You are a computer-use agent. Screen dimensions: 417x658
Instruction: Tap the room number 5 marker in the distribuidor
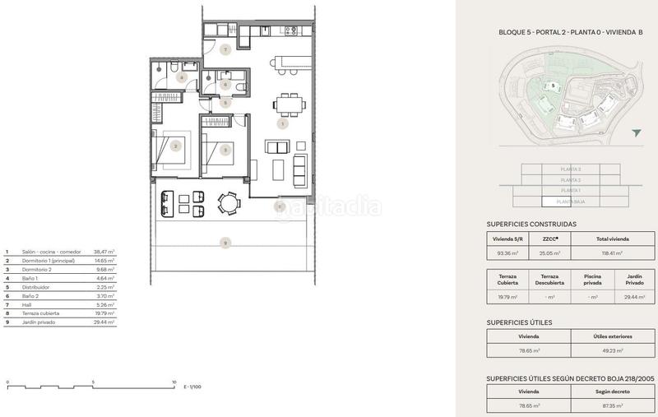(x=213, y=103)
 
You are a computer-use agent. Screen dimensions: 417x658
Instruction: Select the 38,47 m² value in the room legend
(x=104, y=253)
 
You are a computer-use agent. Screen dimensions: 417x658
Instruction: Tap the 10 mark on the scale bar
(x=174, y=382)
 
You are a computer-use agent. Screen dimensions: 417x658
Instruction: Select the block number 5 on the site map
(x=553, y=86)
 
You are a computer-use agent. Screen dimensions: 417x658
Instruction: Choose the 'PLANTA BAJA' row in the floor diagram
(x=570, y=201)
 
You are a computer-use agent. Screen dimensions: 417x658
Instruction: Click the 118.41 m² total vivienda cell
(x=609, y=254)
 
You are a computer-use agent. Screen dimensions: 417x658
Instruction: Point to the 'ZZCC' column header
(x=550, y=239)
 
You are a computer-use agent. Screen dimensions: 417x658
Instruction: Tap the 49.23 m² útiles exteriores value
(x=609, y=351)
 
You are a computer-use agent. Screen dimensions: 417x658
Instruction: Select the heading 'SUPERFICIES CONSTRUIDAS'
(x=531, y=224)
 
